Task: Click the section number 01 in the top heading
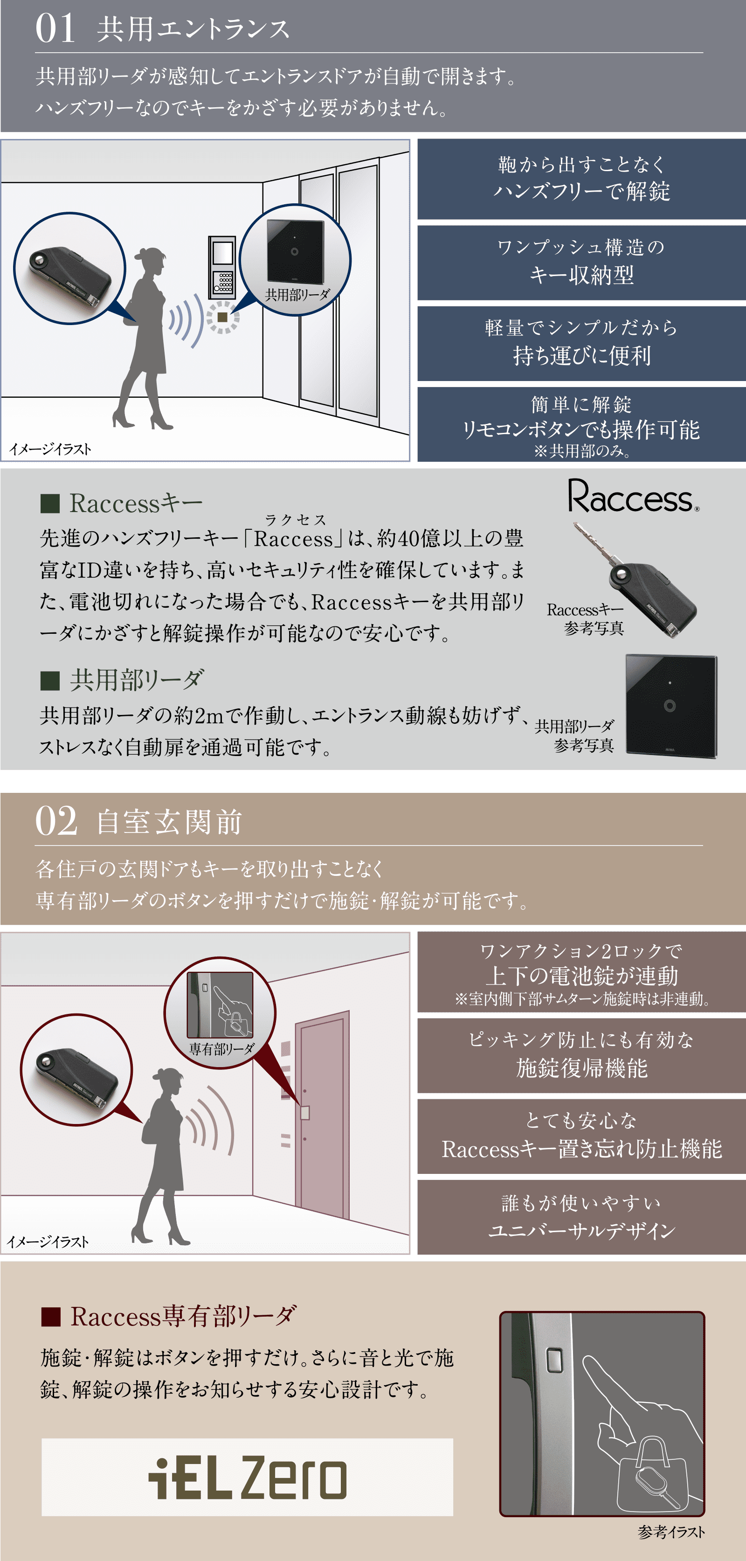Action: point(55,29)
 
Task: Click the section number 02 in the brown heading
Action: point(56,821)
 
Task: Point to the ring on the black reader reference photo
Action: point(670,705)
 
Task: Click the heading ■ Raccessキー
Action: point(121,503)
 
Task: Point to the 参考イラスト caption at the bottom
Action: point(671,1532)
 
